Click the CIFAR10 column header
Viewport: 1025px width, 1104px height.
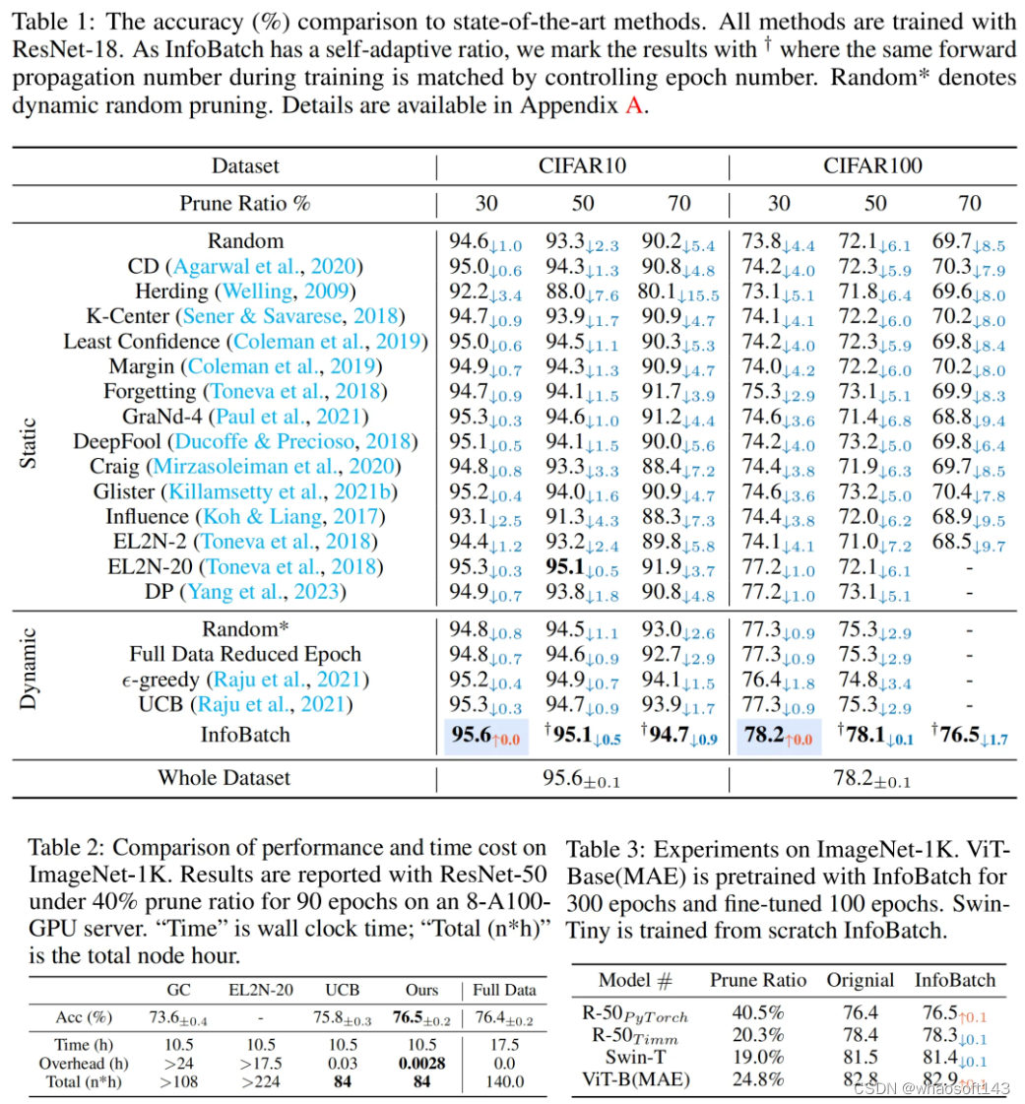(x=583, y=166)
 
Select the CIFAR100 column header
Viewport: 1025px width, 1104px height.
(x=872, y=166)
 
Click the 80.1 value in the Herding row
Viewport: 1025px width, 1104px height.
(x=684, y=292)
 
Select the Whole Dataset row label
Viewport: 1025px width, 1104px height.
(x=224, y=778)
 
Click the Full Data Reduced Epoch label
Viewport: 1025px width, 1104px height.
(x=245, y=654)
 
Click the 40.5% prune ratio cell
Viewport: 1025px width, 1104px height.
(x=758, y=1011)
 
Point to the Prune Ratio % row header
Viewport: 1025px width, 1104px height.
(x=245, y=204)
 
